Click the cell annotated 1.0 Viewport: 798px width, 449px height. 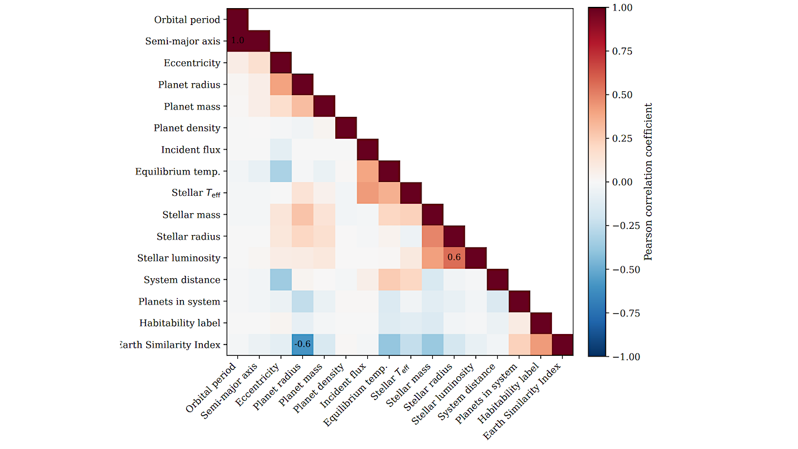[x=237, y=41]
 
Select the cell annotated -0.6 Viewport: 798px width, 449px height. [x=302, y=345]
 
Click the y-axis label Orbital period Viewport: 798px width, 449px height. [x=187, y=20]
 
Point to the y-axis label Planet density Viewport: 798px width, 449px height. [x=187, y=128]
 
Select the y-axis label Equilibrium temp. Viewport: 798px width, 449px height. [x=178, y=171]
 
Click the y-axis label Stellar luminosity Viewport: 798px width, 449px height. [x=179, y=258]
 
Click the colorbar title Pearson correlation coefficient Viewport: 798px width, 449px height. [x=649, y=181]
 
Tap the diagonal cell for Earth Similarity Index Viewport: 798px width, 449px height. [x=562, y=345]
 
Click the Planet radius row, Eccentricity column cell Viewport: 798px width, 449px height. [x=281, y=85]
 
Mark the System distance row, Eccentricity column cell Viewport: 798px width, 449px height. [x=281, y=280]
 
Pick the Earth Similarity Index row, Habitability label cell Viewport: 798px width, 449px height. [x=541, y=345]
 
